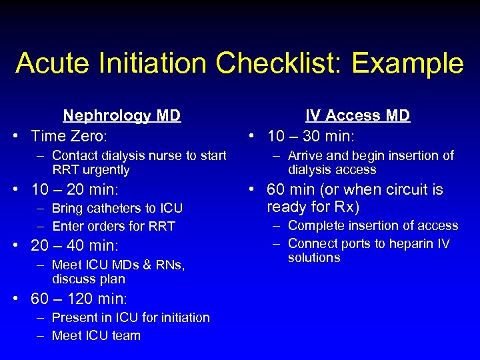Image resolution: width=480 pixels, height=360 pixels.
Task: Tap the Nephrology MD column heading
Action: click(x=121, y=115)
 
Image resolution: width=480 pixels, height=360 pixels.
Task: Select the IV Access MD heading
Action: click(x=357, y=115)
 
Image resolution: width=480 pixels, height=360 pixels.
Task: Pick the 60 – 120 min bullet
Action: click(x=79, y=297)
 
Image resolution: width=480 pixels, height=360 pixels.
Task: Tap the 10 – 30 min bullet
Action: click(x=311, y=136)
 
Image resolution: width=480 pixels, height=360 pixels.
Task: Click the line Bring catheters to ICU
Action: click(x=117, y=208)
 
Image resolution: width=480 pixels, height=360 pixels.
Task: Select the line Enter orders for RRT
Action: click(x=113, y=226)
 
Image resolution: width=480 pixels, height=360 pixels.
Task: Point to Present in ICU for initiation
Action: click(x=131, y=317)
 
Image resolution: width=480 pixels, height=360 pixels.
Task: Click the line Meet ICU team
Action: click(x=96, y=335)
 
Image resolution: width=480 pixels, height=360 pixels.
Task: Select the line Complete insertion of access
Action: click(x=373, y=225)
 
